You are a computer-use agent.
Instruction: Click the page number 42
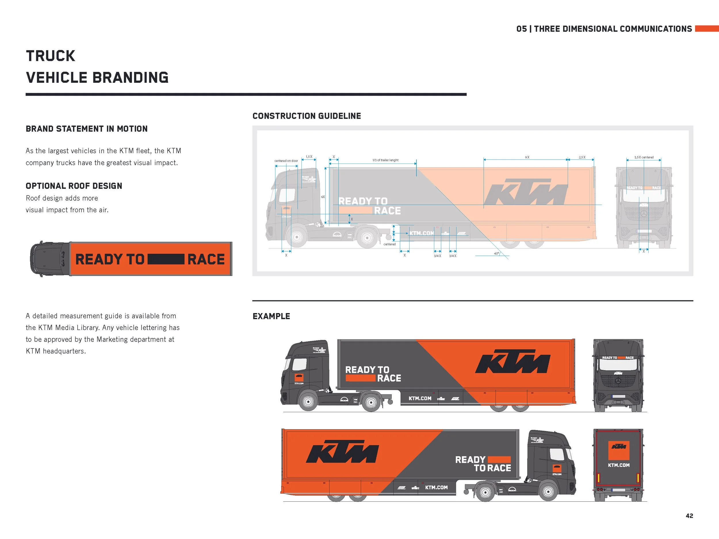click(689, 516)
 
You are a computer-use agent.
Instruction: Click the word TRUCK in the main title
click(50, 56)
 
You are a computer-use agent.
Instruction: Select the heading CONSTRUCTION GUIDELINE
click(307, 116)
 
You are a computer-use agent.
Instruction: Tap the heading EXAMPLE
click(271, 316)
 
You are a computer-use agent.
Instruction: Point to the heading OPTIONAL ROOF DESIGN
click(74, 186)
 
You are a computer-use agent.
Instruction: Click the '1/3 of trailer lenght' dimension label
click(385, 160)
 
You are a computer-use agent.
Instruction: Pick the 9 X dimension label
click(527, 157)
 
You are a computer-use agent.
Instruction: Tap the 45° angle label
click(496, 254)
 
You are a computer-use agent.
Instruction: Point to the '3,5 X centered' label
click(644, 157)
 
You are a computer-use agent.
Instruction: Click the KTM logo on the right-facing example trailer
click(513, 361)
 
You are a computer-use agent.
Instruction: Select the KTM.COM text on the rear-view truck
click(619, 465)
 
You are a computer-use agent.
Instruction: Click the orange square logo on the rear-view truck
click(619, 450)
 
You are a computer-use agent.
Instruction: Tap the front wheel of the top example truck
click(307, 402)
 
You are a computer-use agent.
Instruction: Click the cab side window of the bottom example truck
click(557, 454)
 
